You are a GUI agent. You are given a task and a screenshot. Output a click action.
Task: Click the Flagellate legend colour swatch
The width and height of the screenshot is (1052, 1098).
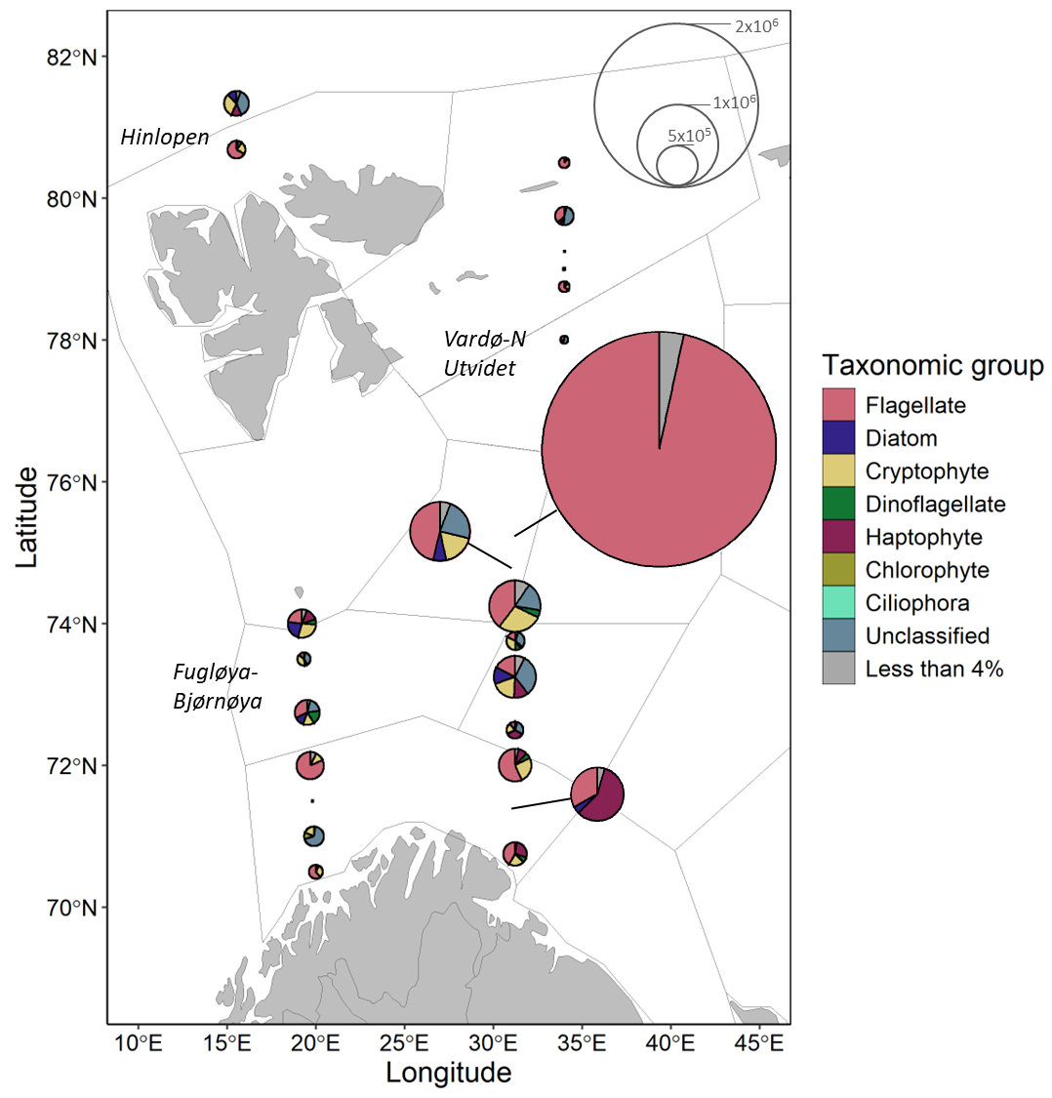(x=838, y=405)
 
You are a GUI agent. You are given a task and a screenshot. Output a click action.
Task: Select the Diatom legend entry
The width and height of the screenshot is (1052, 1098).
(x=901, y=438)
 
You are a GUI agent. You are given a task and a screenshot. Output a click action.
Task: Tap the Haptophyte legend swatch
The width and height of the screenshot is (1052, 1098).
(x=838, y=537)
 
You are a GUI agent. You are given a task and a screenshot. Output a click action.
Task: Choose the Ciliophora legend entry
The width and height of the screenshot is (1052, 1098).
(x=916, y=603)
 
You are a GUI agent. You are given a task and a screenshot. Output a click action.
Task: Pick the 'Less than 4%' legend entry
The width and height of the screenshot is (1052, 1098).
(x=934, y=669)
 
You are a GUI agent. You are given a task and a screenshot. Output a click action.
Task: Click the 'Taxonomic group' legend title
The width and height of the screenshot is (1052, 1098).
(x=932, y=366)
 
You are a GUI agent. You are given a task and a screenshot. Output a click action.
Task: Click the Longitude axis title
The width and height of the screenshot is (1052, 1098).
(x=448, y=1074)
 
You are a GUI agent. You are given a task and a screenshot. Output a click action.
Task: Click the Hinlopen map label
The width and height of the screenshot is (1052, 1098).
(x=165, y=138)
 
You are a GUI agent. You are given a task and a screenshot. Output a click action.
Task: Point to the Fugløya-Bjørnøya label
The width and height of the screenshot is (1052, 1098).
(x=217, y=686)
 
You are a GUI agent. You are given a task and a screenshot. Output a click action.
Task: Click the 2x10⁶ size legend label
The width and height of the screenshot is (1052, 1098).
(x=755, y=26)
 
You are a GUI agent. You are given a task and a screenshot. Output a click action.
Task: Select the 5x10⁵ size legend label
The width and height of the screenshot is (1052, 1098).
(x=688, y=137)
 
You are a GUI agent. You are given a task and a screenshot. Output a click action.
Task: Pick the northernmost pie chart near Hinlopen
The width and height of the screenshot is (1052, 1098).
(x=236, y=102)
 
